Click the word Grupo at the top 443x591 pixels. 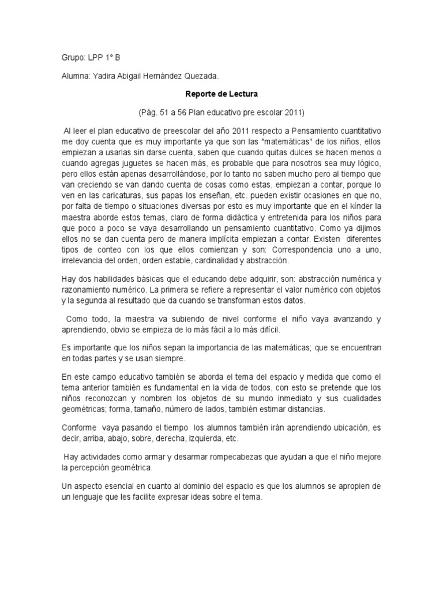click(73, 58)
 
